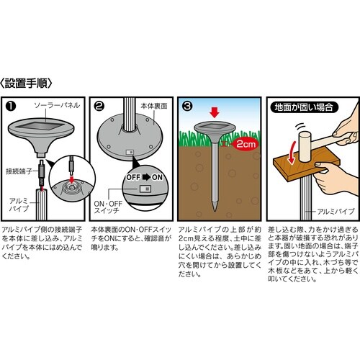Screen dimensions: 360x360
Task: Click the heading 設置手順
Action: coord(26,84)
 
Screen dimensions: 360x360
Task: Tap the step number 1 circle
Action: coord(11,107)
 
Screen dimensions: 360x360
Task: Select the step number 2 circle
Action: coord(99,107)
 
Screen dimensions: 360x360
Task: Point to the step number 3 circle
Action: coord(187,107)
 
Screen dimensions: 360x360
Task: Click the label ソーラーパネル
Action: coord(57,105)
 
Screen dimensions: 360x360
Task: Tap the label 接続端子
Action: coord(19,171)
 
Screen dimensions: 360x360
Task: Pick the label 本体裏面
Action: coord(154,106)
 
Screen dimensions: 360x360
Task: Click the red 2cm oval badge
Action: coord(246,144)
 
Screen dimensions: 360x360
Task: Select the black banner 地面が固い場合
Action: coord(304,107)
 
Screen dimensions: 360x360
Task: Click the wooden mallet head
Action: coord(305,147)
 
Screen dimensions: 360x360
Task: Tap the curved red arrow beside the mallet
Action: coord(292,152)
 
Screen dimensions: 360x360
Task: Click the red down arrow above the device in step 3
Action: coord(215,112)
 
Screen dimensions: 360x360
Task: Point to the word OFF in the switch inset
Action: coord(133,177)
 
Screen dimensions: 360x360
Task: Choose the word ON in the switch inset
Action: coord(157,177)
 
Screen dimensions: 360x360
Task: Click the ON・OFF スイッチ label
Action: coord(108,207)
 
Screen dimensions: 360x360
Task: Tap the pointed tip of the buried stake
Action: coord(215,211)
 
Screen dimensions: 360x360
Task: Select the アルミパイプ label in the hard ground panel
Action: coord(336,212)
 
